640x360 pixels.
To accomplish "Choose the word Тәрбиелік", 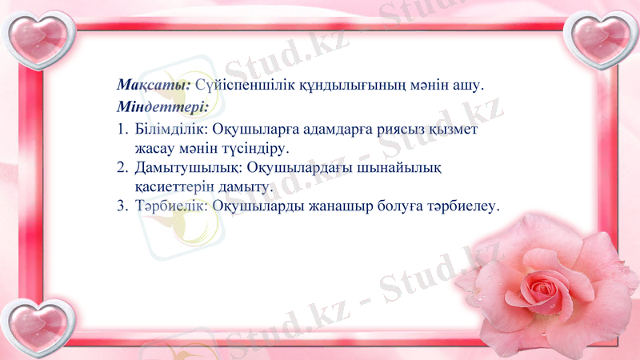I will [171, 206].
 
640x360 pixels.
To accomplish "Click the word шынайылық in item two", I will [407, 168].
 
